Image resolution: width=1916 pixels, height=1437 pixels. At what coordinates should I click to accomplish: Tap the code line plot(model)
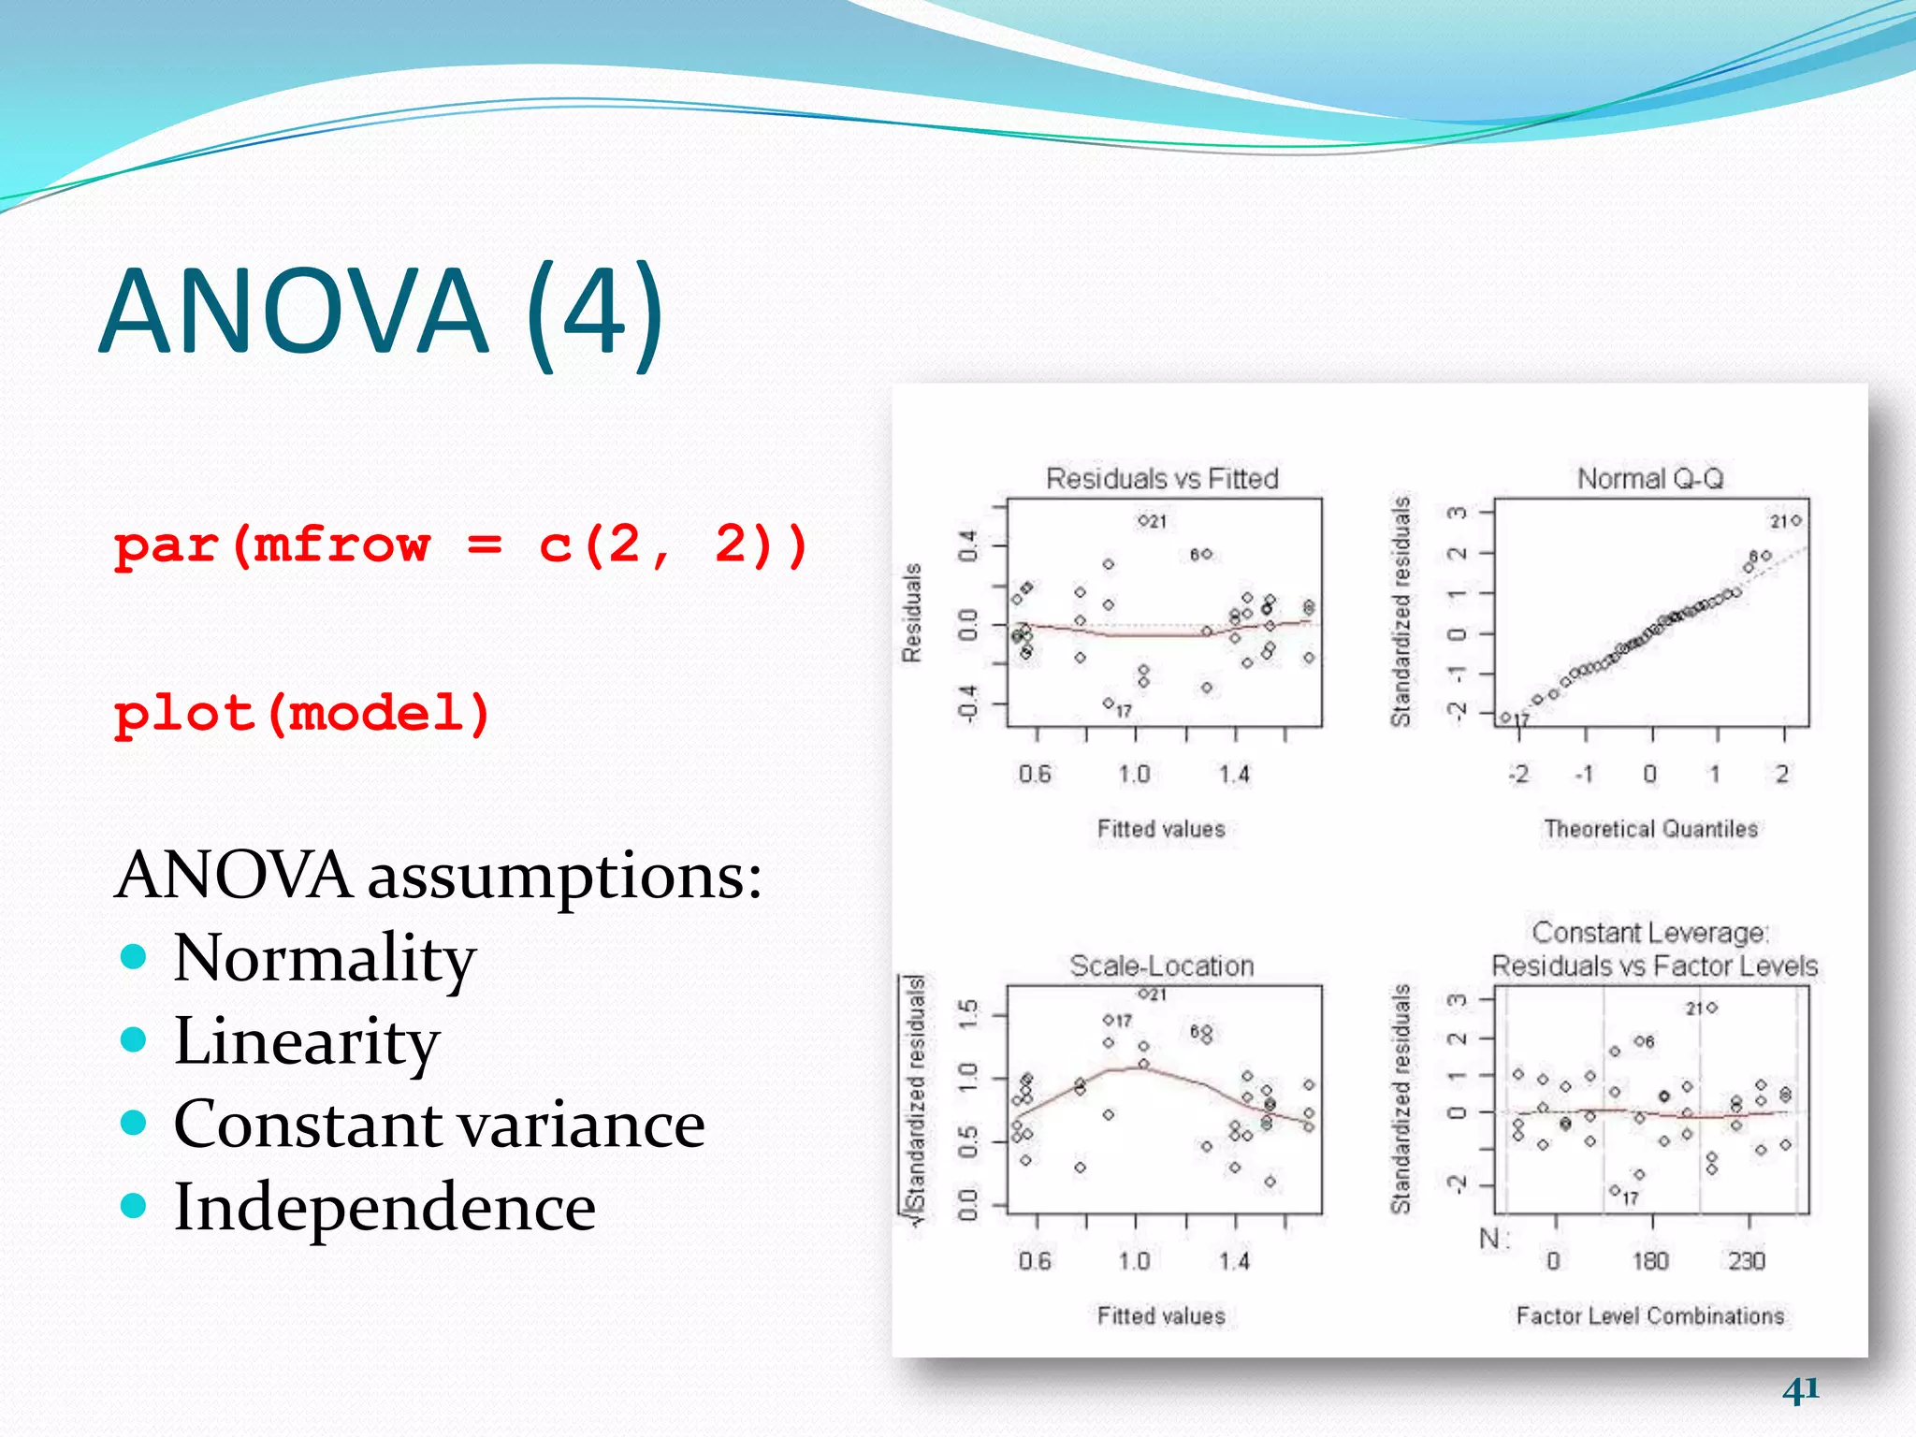point(302,715)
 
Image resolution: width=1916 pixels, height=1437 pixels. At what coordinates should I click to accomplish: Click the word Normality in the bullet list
point(325,958)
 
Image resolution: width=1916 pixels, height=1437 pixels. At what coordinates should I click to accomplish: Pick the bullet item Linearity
point(307,1041)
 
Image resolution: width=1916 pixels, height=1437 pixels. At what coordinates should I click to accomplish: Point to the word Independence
point(385,1207)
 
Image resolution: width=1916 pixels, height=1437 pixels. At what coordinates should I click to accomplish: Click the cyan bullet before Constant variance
point(135,1123)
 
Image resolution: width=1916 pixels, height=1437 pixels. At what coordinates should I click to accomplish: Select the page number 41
point(1800,1389)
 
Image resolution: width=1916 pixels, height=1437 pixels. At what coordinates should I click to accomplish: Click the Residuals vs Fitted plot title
point(1162,479)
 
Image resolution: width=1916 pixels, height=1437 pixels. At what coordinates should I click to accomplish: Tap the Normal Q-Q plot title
point(1650,479)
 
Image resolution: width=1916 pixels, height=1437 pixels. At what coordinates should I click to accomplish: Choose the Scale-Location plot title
point(1162,966)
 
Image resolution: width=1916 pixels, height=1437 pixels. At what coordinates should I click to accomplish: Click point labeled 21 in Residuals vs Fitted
point(1143,520)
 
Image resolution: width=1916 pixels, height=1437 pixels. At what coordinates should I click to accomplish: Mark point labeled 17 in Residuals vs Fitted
point(1108,703)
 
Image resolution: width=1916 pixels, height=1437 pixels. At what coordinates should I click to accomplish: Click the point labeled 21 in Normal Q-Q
point(1795,520)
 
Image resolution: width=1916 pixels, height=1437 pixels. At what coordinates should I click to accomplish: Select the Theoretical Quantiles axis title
point(1650,829)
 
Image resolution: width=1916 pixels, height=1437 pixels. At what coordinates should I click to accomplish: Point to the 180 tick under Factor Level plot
point(1650,1261)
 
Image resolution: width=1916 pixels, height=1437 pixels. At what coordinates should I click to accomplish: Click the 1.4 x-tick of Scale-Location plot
point(1234,1261)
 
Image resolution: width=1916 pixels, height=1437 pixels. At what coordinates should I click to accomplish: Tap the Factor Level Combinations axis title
point(1650,1316)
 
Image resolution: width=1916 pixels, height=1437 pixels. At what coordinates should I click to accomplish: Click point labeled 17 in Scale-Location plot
point(1108,1020)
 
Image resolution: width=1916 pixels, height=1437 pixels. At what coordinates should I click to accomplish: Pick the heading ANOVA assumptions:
point(438,877)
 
